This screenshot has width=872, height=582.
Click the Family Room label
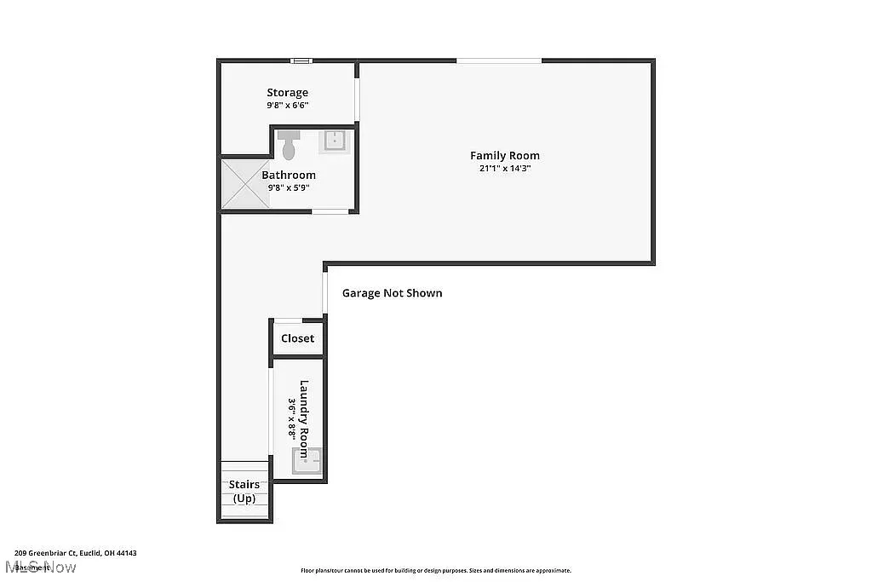(504, 155)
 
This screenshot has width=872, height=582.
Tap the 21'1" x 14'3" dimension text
(504, 168)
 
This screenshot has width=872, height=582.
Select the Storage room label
(287, 93)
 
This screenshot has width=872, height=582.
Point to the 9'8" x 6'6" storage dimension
(287, 106)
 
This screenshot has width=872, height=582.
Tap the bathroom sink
(334, 141)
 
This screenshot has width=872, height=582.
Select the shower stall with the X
(245, 183)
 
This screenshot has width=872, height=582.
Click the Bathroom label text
(289, 175)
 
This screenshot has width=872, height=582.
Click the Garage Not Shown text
(392, 293)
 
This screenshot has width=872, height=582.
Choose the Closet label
(297, 338)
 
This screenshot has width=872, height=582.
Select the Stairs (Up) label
(244, 491)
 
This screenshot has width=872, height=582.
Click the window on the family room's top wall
(499, 61)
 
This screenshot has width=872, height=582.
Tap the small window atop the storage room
(301, 61)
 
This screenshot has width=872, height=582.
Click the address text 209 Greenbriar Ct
(75, 553)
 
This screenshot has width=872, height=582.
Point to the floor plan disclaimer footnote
(435, 571)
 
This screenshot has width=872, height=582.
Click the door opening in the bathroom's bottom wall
(329, 211)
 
